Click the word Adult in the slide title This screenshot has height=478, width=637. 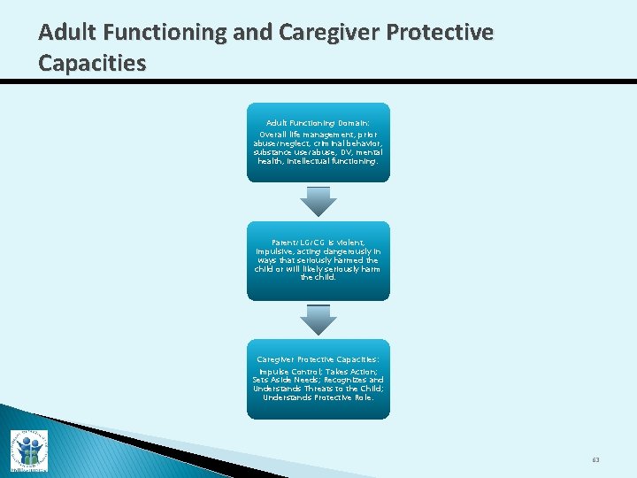(x=67, y=33)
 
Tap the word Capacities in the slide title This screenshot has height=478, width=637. (x=93, y=63)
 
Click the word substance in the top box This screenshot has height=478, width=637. (x=275, y=152)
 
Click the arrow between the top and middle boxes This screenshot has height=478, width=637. (x=318, y=201)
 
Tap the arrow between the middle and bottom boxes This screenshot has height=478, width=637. (x=318, y=320)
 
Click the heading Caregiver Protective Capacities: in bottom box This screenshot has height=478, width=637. (x=318, y=359)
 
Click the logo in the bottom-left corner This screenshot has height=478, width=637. (x=28, y=450)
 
